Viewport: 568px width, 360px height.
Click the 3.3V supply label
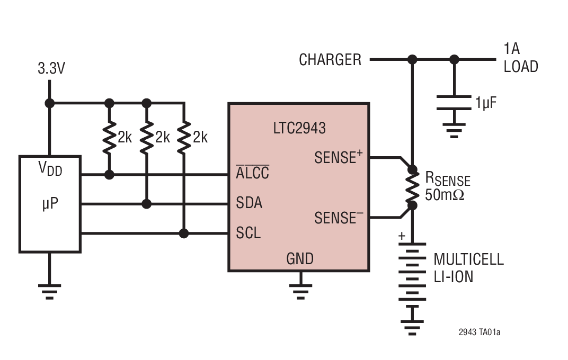click(51, 69)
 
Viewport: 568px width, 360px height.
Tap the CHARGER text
click(330, 60)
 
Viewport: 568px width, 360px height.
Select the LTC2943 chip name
click(299, 128)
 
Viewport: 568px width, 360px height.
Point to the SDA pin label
click(249, 203)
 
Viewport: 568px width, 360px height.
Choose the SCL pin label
click(248, 233)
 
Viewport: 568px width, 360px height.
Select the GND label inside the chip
click(300, 259)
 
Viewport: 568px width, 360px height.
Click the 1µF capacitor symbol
click(454, 103)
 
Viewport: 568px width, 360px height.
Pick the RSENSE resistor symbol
click(412, 187)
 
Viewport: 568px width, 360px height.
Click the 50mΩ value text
click(445, 195)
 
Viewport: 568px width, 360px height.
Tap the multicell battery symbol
click(412, 275)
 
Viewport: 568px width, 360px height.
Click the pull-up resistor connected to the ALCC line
click(110, 137)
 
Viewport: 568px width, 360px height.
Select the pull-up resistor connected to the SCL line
click(184, 137)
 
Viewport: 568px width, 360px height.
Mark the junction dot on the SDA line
click(147, 204)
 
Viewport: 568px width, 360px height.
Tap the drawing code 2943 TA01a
click(479, 332)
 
